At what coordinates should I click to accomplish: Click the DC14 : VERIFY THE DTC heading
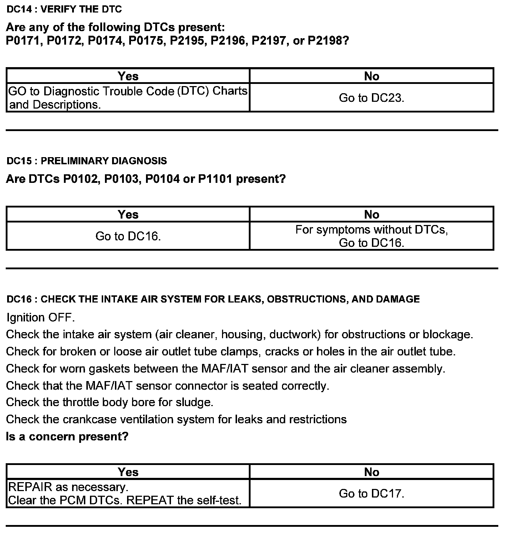(x=64, y=10)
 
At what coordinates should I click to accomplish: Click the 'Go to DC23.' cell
(x=371, y=97)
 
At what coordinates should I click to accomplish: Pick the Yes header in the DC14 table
(x=128, y=76)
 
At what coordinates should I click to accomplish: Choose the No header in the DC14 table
(x=371, y=76)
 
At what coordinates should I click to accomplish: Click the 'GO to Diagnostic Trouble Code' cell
(x=128, y=97)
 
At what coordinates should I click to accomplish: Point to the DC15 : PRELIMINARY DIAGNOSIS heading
(x=87, y=161)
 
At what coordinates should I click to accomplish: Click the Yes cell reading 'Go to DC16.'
(x=128, y=236)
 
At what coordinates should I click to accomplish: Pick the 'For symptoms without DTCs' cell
(x=371, y=236)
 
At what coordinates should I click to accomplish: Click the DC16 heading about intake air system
(x=213, y=299)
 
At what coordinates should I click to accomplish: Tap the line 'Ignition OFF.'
(x=41, y=317)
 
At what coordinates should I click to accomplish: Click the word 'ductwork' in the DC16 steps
(x=293, y=335)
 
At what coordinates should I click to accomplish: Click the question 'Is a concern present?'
(x=67, y=436)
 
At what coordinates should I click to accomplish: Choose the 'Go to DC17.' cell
(x=371, y=494)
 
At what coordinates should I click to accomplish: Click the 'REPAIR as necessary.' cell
(x=128, y=494)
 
